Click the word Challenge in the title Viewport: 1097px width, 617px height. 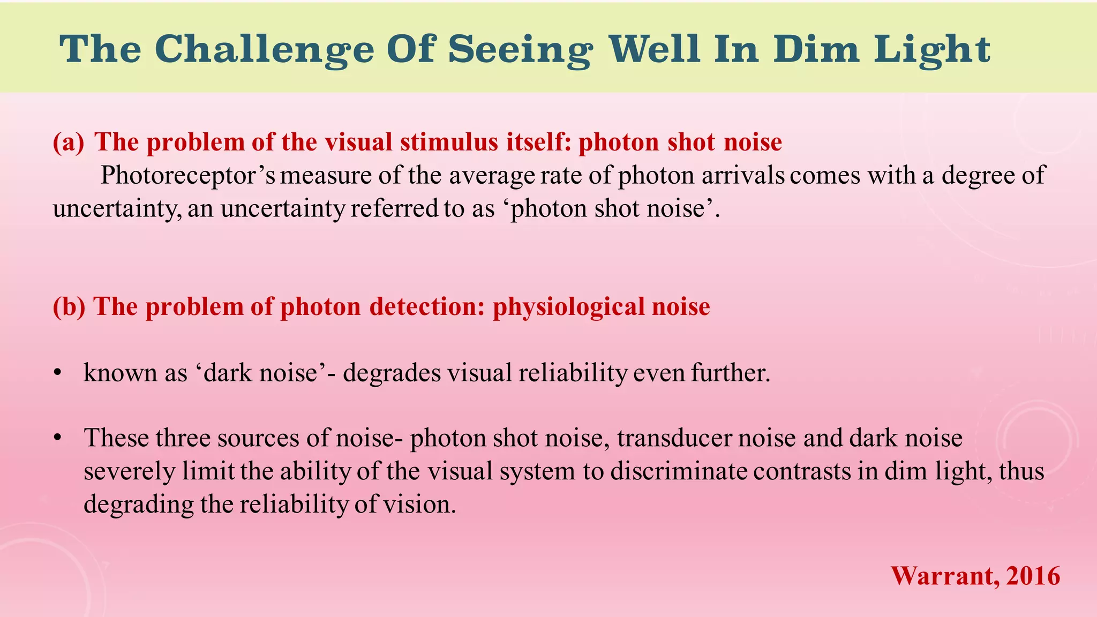coord(265,49)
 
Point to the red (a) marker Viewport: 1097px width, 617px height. coord(69,142)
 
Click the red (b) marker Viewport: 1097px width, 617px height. coord(69,307)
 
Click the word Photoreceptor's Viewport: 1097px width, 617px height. coord(187,176)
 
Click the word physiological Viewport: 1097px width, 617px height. coord(568,307)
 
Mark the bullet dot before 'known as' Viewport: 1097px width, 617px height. coord(58,373)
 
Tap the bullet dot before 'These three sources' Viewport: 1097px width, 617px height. coord(58,439)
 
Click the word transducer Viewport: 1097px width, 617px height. coord(674,439)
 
